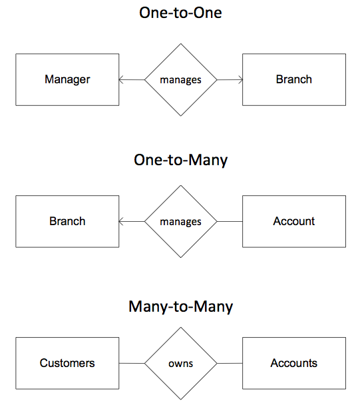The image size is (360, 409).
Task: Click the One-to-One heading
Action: click(180, 13)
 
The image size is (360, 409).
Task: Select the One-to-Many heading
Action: click(180, 160)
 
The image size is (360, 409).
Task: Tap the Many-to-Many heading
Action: click(180, 306)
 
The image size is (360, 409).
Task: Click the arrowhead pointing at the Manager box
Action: click(121, 79)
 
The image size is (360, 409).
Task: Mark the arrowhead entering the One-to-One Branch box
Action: click(240, 79)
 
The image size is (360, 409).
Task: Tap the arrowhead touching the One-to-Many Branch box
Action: click(121, 221)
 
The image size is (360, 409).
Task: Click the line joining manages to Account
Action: click(230, 221)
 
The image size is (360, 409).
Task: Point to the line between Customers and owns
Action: click(132, 363)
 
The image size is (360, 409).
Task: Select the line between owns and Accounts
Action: click(230, 363)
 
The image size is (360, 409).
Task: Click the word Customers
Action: click(67, 363)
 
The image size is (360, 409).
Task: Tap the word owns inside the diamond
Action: click(181, 364)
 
